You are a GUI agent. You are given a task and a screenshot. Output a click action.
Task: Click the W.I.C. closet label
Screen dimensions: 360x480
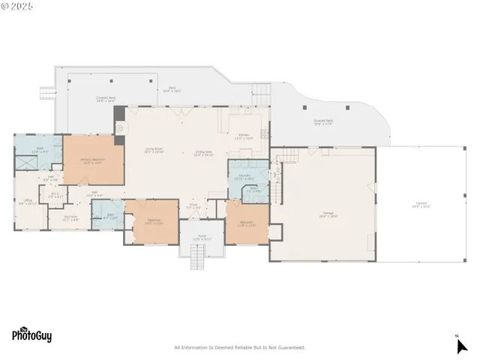coord(55,196)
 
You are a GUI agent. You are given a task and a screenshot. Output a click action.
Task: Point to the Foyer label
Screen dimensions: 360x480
coord(193,205)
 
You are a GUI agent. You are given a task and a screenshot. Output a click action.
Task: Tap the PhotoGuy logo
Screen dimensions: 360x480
coord(31,335)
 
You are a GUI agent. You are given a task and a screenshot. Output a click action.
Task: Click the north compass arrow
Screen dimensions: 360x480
coord(461,345)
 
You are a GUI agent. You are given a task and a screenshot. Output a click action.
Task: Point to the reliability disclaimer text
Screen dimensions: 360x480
coord(239,347)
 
